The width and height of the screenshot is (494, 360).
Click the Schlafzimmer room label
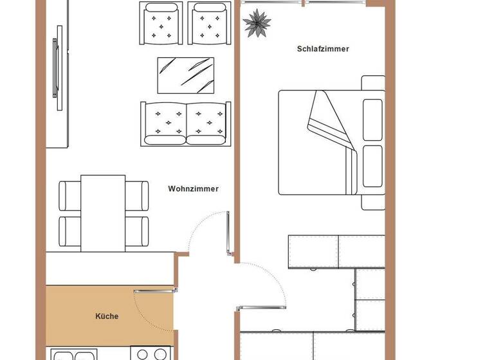pos(323,49)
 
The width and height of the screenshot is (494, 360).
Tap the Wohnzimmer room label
pos(193,189)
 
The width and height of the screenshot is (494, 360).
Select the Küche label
pos(107,316)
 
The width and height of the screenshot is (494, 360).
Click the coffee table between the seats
pos(185,75)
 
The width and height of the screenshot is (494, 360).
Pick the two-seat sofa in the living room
pos(184,123)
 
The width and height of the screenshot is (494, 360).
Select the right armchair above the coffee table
pos(210,24)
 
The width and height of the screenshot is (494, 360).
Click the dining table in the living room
pos(103,213)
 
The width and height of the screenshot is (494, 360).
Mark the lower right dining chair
pos(136,231)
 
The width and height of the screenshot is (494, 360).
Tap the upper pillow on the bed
pos(373,119)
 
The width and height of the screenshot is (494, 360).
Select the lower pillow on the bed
pos(373,166)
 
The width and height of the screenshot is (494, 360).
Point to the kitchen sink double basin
pos(73,355)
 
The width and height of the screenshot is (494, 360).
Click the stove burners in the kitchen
pos(151,354)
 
